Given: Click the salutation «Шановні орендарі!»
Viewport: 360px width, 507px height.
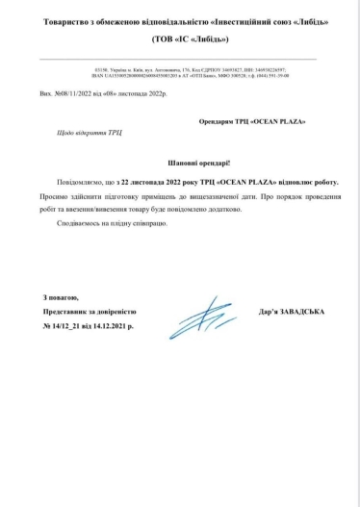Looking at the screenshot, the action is click(180, 165).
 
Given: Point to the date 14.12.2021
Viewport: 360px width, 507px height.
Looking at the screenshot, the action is click(116, 327).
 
